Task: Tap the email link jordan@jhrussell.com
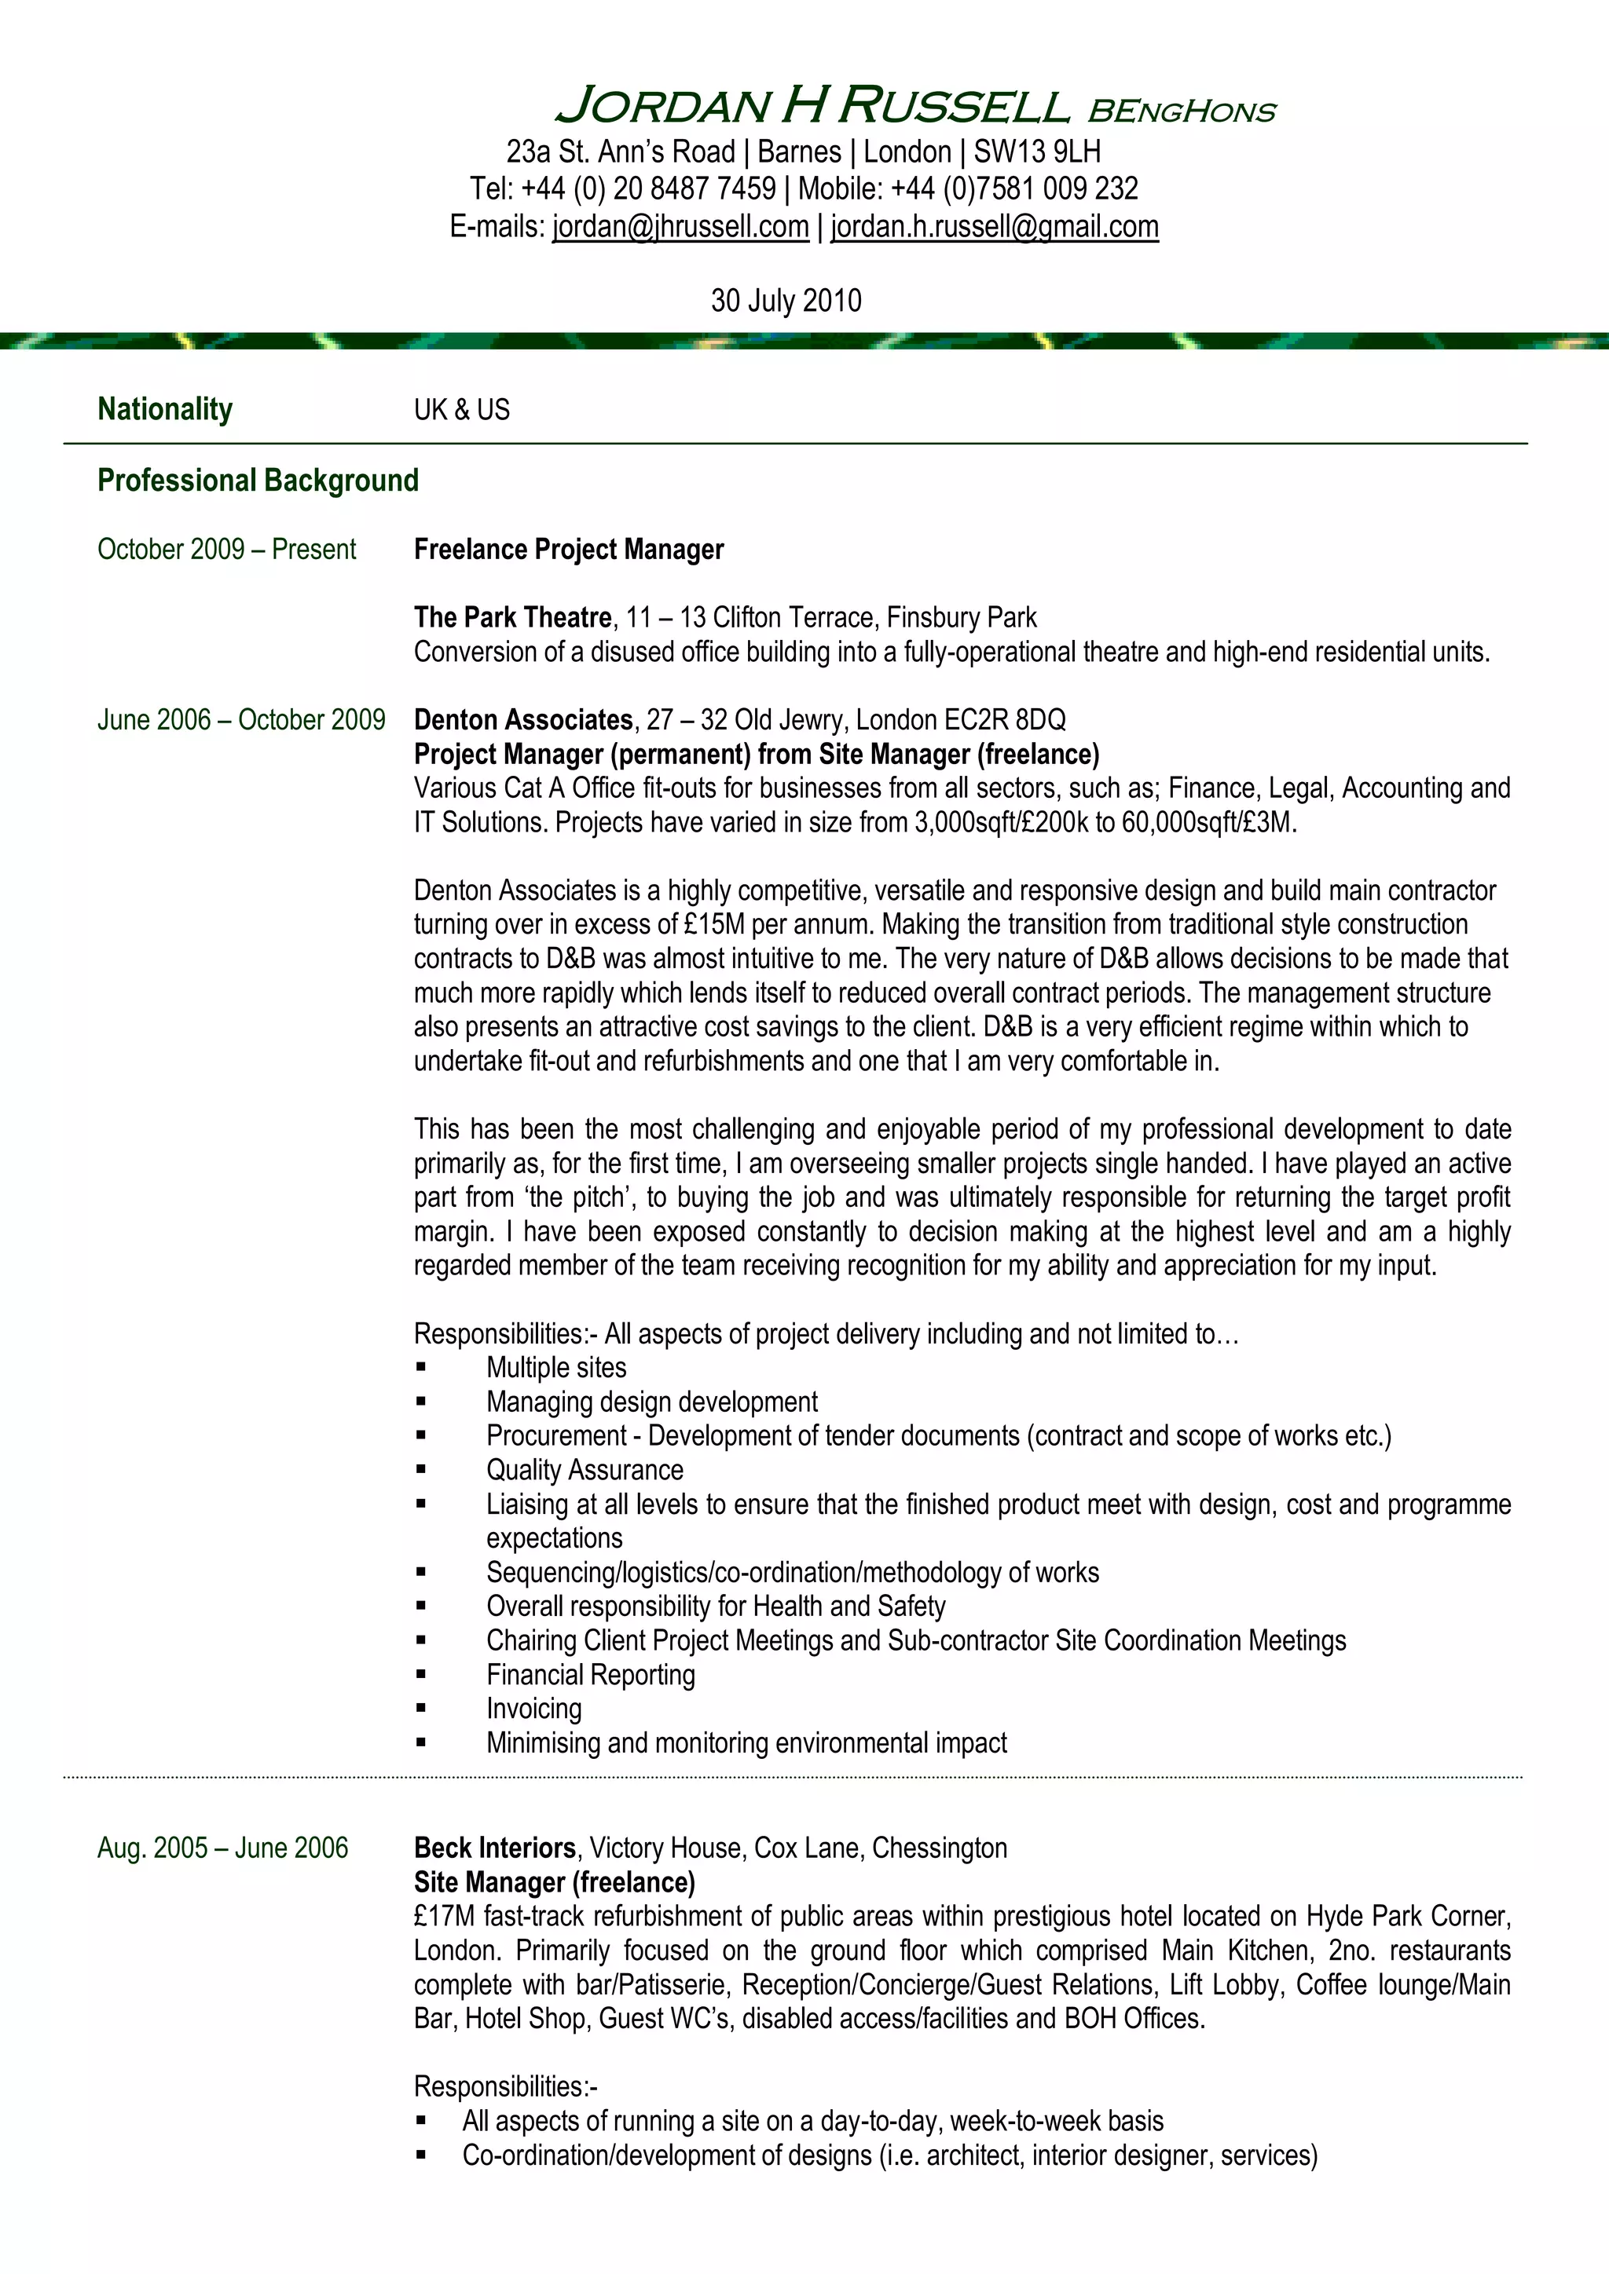point(680,227)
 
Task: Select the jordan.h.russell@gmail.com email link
point(994,227)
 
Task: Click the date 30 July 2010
point(786,300)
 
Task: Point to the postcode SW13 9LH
point(1036,152)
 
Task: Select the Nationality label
point(164,409)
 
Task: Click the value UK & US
point(462,410)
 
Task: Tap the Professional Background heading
point(258,481)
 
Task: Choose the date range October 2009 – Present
point(226,550)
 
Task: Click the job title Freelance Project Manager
point(569,550)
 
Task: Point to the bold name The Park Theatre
point(512,618)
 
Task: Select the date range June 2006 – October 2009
point(240,720)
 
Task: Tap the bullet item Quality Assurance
point(585,1470)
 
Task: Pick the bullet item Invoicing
point(534,1709)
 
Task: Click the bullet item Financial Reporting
point(591,1675)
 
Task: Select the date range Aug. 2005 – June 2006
point(223,1848)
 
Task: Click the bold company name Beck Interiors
point(494,1848)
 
